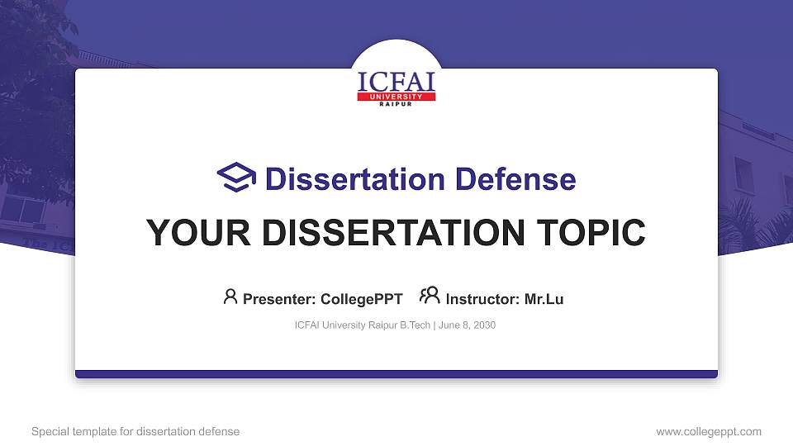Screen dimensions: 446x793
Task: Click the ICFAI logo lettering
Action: coord(396,82)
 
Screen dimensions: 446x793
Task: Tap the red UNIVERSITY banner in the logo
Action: coord(396,97)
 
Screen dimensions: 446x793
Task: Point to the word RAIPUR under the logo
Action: coord(396,105)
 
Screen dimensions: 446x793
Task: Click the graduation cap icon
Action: coord(236,178)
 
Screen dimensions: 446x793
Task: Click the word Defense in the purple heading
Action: coord(515,179)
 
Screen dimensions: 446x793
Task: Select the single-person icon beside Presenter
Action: coord(230,297)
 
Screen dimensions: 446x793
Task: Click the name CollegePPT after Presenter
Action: coord(361,299)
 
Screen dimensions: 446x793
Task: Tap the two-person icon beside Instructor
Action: coord(430,295)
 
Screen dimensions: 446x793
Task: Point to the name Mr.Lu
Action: coord(544,299)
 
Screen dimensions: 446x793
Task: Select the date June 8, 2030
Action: coord(468,325)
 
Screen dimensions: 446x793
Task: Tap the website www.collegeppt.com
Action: coord(709,431)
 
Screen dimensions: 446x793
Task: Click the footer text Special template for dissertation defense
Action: coord(135,431)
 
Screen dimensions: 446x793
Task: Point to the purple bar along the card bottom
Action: coord(396,374)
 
